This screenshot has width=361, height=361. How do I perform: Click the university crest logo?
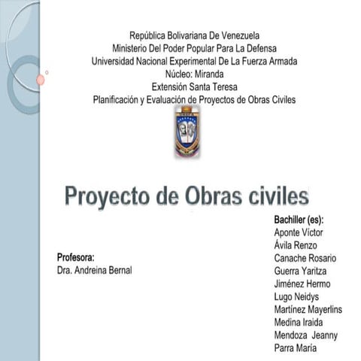click(x=187, y=132)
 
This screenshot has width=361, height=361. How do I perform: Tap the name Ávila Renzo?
click(x=296, y=245)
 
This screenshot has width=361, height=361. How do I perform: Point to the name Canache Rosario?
click(x=305, y=258)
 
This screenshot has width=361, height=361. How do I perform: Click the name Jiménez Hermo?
click(x=302, y=284)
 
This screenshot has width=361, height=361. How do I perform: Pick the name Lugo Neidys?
click(x=297, y=296)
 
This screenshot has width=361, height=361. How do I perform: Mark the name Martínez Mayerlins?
click(x=308, y=309)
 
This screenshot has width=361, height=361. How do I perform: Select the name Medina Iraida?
click(x=299, y=322)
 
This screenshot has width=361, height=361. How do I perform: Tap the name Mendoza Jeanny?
click(x=306, y=335)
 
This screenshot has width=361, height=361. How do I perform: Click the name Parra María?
click(x=296, y=347)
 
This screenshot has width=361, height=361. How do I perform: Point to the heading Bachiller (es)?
click(x=299, y=220)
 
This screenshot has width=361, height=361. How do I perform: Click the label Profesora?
click(x=75, y=256)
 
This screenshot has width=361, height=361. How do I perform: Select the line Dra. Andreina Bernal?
click(x=94, y=269)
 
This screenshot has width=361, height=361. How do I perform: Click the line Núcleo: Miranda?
click(x=194, y=74)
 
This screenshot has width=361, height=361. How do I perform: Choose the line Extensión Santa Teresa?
click(x=194, y=86)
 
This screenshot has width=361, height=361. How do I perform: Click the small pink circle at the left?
click(x=41, y=79)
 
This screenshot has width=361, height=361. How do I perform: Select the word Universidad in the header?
click(x=114, y=61)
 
